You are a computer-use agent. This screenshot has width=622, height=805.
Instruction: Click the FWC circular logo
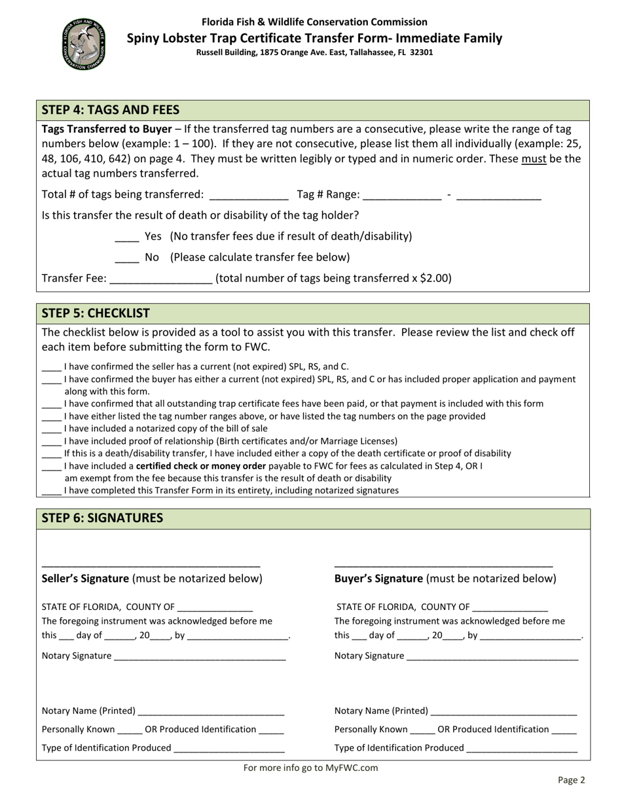click(83, 44)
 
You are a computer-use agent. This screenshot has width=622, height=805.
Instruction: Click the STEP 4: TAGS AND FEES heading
click(111, 110)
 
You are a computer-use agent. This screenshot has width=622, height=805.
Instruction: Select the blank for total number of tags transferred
click(247, 195)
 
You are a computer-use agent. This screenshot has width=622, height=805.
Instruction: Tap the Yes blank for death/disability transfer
click(127, 237)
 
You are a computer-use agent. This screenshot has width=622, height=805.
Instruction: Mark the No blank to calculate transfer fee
click(127, 258)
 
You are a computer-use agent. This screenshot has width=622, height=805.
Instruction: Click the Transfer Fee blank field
click(161, 279)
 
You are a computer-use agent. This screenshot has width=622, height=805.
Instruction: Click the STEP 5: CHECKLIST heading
click(96, 313)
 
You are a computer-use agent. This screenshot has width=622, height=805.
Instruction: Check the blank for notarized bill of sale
click(52, 429)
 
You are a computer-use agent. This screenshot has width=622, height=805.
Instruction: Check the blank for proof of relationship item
click(52, 442)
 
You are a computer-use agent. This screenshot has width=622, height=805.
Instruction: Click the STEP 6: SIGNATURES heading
click(102, 518)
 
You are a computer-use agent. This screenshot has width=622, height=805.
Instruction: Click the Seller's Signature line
click(151, 563)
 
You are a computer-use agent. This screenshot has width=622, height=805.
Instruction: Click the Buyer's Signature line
click(443, 563)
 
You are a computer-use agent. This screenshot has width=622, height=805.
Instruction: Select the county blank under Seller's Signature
click(215, 607)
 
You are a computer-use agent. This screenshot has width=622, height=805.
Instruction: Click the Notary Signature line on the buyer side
click(492, 656)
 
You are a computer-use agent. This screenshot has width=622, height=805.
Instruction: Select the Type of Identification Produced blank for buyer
click(522, 749)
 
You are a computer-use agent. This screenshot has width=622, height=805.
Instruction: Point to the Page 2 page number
click(571, 779)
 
